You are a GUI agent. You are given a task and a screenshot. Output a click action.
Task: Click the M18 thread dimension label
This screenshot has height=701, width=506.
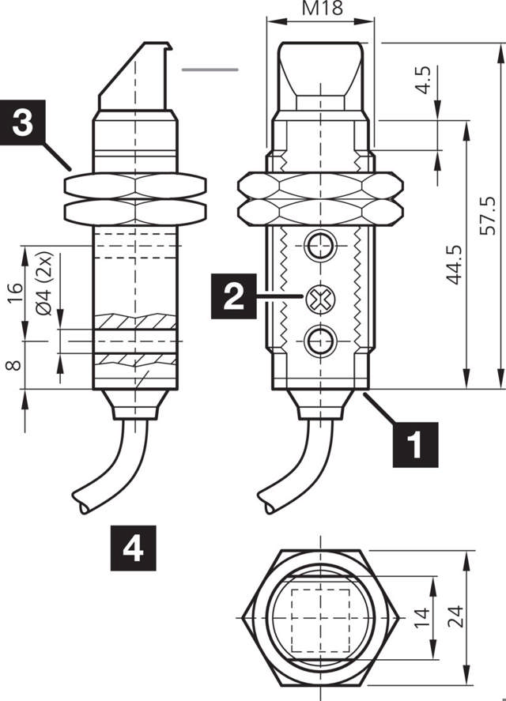[319, 9]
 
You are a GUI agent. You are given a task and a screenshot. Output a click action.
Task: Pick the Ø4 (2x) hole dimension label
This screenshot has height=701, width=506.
[44, 285]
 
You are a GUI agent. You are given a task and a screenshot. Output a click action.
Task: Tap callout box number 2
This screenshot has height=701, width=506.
[232, 296]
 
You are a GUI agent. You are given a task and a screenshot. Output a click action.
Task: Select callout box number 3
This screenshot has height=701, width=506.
[23, 122]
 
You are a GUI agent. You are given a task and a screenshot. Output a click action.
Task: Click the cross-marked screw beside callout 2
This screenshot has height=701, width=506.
[320, 298]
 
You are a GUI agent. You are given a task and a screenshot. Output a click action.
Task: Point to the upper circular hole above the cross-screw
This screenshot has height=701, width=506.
[320, 245]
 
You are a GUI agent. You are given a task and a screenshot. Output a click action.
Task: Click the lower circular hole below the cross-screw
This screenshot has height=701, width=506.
[320, 341]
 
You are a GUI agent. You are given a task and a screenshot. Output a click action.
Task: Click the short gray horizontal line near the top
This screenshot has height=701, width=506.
[210, 70]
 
